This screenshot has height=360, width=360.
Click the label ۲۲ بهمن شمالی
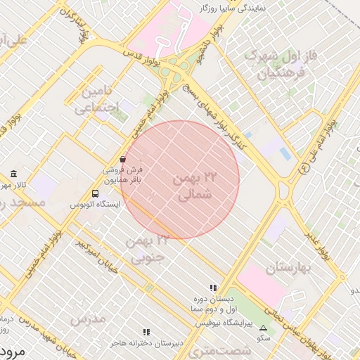pyautogui.click(x=189, y=188)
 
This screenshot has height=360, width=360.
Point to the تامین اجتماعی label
pyautogui.click(x=96, y=99)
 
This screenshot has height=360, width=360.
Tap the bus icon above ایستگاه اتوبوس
pyautogui.click(x=95, y=193)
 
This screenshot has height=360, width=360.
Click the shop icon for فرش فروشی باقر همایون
pyautogui.click(x=123, y=160)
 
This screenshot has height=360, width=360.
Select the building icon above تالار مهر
pyautogui.click(x=13, y=174)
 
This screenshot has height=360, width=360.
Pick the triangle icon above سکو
pyautogui.click(x=263, y=328)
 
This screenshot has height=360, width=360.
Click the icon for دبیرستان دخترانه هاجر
pyautogui.click(x=146, y=332)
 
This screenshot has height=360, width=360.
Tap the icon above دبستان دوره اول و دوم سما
pyautogui.click(x=212, y=288)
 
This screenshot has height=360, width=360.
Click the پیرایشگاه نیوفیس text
pyautogui.click(x=222, y=320)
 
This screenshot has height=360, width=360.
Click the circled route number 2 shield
pyautogui.click(x=304, y=169)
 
